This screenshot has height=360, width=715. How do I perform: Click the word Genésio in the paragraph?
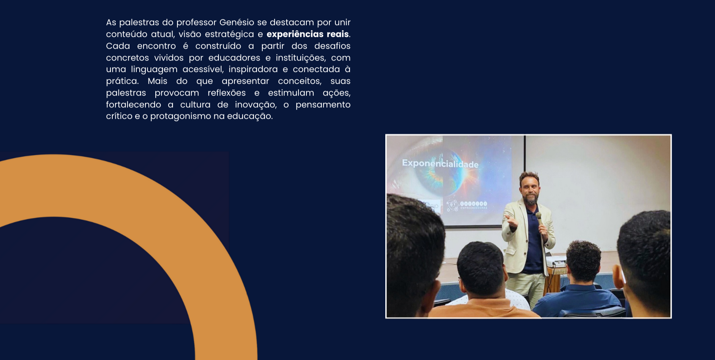[x=236, y=22]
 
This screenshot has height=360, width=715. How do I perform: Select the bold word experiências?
[x=295, y=34]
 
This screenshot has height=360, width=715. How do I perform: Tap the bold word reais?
[x=337, y=34]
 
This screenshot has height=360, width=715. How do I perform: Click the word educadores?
[x=234, y=58]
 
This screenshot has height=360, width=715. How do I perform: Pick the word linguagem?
[x=154, y=70]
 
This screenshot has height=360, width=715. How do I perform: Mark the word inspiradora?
[x=253, y=69]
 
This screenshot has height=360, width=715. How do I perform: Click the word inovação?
[x=255, y=105]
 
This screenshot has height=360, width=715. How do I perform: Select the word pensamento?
[x=323, y=105]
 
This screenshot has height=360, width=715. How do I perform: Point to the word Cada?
[x=118, y=46]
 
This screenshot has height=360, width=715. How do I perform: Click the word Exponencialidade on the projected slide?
[x=440, y=164]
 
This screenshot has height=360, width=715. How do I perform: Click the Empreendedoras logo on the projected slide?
[x=467, y=205]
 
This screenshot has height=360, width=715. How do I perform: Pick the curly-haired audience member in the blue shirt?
[x=583, y=274]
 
